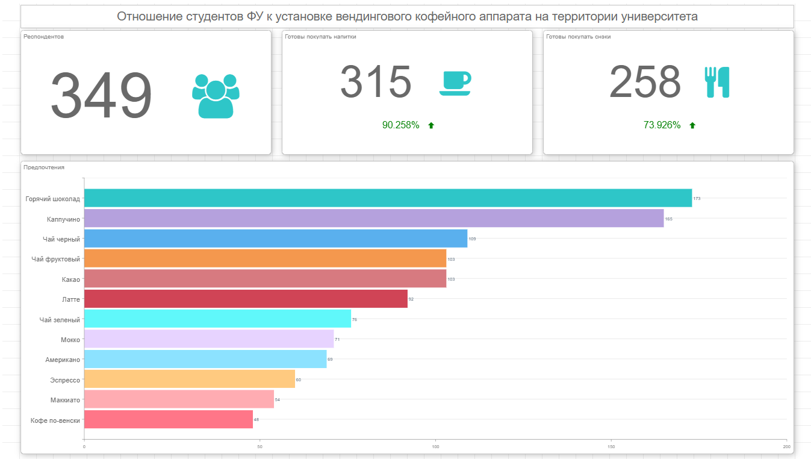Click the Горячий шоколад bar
coord(388,198)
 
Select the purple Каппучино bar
coord(373,218)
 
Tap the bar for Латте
coord(246,299)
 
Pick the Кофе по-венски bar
coord(169,419)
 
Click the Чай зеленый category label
coord(60,320)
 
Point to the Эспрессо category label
coord(65,380)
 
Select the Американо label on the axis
coord(63,360)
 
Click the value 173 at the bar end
coord(697,199)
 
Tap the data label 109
coord(472,239)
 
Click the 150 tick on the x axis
coord(611,446)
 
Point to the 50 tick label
coord(259,446)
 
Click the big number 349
coord(101,96)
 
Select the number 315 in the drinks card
coord(376,83)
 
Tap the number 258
coord(645,83)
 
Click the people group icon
coord(216,96)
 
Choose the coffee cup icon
coord(455,83)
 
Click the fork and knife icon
coord(716,83)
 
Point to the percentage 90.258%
coord(400,125)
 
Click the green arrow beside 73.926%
coord(692,125)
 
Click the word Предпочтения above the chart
coord(44,167)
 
